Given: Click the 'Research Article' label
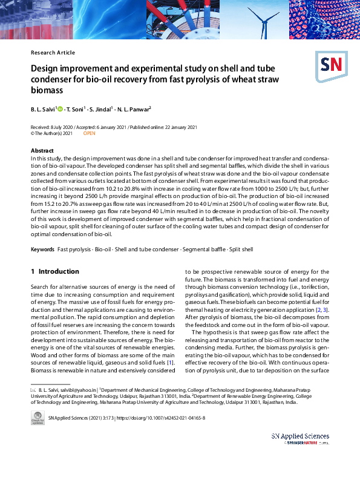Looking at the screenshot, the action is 53,53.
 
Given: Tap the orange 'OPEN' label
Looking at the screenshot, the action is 89,133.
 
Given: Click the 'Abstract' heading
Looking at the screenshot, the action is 42,150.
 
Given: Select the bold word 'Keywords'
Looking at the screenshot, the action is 42,249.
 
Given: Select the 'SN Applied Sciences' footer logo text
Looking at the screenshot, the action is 300,436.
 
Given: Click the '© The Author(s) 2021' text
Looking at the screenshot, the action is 51,133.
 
